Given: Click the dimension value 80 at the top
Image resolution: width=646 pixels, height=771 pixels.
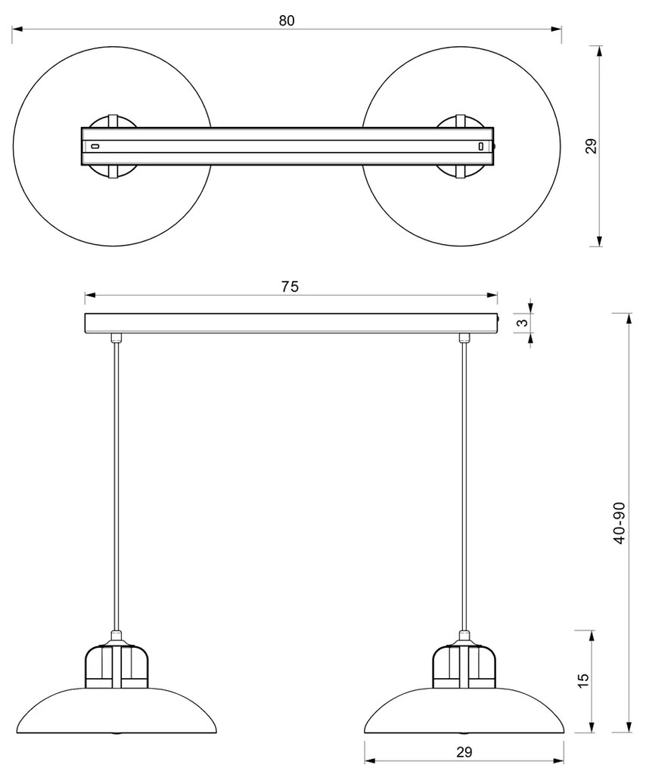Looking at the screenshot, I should click(286, 20).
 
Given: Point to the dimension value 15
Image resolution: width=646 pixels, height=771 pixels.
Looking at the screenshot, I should click(582, 680).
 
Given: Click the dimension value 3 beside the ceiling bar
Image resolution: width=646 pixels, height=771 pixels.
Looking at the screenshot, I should click(521, 324).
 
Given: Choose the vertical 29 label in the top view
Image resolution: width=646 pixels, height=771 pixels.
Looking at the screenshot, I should click(592, 146).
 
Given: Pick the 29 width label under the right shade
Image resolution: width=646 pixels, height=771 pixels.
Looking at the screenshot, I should click(464, 751).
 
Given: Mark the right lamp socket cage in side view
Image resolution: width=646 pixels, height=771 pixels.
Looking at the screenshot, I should click(464, 665).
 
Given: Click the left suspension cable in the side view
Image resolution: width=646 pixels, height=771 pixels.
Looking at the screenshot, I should click(116, 484).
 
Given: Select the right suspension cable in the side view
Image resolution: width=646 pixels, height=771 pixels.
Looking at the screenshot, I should click(464, 484).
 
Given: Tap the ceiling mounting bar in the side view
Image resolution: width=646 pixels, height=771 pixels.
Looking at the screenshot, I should click(291, 324).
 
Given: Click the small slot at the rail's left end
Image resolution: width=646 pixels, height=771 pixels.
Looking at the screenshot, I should click(95, 146).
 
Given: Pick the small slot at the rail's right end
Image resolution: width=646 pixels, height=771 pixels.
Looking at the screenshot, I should click(480, 146).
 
